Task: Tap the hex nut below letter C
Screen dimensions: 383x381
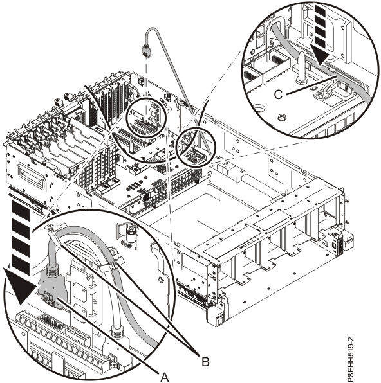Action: coord(281,118)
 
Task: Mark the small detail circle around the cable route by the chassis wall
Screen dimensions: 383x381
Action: coord(196,150)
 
